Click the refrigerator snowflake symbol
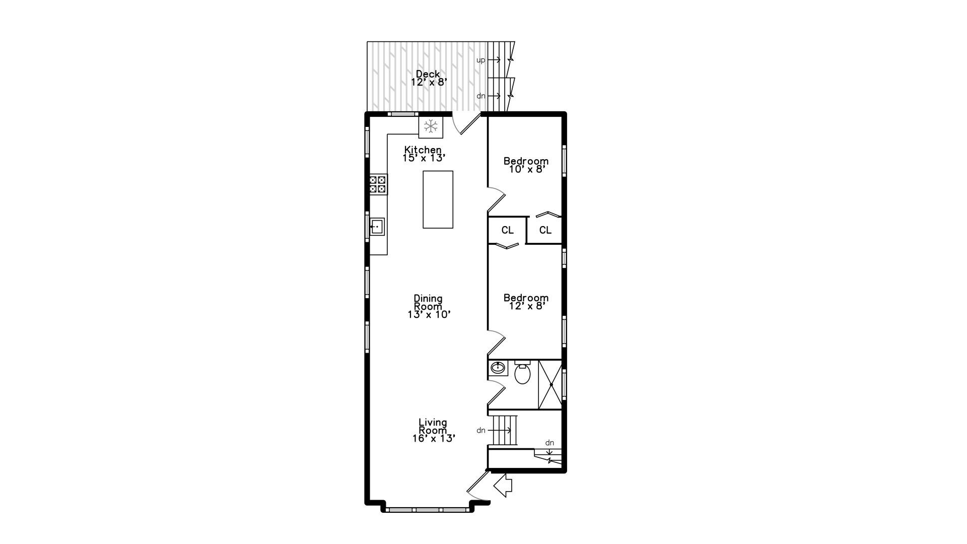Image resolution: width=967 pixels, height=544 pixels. pyautogui.click(x=431, y=126)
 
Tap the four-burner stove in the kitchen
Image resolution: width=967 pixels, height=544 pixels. pyautogui.click(x=378, y=184)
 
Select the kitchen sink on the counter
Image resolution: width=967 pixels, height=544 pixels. pyautogui.click(x=377, y=227)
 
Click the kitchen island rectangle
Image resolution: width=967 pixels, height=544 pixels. pyautogui.click(x=438, y=199)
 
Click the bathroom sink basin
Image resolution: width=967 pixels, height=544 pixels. pyautogui.click(x=498, y=368)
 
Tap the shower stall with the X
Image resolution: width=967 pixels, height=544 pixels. pyautogui.click(x=550, y=385)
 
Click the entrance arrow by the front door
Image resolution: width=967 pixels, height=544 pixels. pyautogui.click(x=503, y=486)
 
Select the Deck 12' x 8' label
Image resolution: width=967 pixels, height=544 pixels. pyautogui.click(x=428, y=78)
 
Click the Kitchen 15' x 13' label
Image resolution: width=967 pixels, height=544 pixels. pyautogui.click(x=424, y=154)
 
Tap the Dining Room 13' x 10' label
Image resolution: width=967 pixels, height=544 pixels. pyautogui.click(x=428, y=306)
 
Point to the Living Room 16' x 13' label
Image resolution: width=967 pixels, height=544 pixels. pyautogui.click(x=433, y=430)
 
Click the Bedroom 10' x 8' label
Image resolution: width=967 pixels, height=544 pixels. pyautogui.click(x=526, y=165)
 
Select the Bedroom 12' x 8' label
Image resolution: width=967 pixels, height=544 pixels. pyautogui.click(x=526, y=302)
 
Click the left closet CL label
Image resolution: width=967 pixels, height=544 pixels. pyautogui.click(x=507, y=230)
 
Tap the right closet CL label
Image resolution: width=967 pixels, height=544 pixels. pyautogui.click(x=545, y=230)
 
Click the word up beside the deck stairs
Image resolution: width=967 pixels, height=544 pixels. pyautogui.click(x=480, y=60)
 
